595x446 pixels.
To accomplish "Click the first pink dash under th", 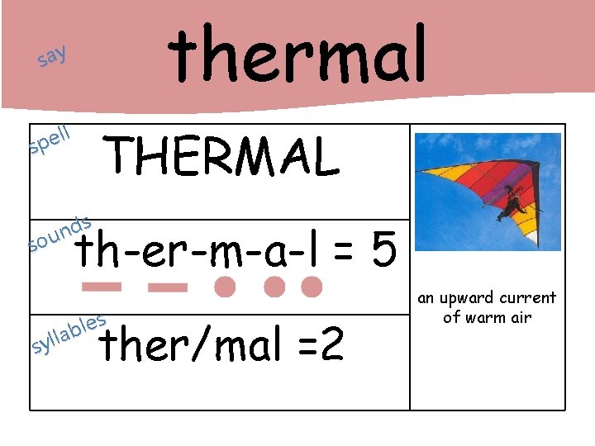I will point(102,287).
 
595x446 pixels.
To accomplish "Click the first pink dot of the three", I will point(225,287).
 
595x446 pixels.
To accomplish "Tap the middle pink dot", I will point(274,287).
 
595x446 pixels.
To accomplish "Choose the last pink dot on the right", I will point(312,287).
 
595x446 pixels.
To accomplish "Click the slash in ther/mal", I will point(193,345).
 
